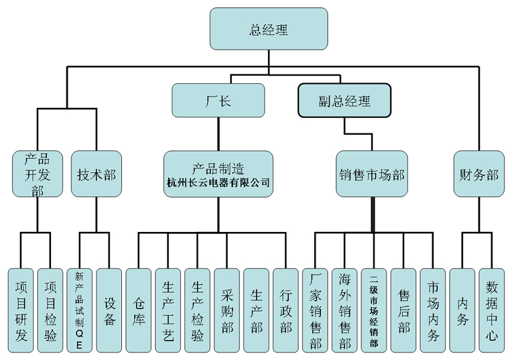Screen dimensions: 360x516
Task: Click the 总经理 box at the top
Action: pos(269,29)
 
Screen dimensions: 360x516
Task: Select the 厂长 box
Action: pos(218,101)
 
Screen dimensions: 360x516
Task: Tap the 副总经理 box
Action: pos(344,101)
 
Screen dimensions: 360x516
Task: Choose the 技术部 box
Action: pos(96,174)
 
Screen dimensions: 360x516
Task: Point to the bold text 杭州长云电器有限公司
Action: pos(218,182)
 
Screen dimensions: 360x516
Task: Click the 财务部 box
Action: pos(479,174)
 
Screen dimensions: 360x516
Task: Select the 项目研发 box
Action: pos(20,310)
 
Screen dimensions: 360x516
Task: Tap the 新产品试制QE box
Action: pos(79,310)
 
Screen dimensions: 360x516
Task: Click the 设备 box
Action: pos(109,310)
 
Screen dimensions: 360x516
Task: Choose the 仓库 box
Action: pos(139,310)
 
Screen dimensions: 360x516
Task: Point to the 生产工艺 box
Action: pos(168,310)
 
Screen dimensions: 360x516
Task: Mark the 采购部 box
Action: pos(227,310)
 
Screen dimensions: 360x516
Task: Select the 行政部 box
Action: pos(286,310)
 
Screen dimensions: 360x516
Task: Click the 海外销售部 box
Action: pos(344,310)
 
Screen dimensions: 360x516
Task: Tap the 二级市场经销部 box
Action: pos(374,310)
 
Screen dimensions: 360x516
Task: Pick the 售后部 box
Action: pos(403,310)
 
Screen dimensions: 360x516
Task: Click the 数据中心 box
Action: pos(492,310)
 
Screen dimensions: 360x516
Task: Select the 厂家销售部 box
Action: pos(315,310)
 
